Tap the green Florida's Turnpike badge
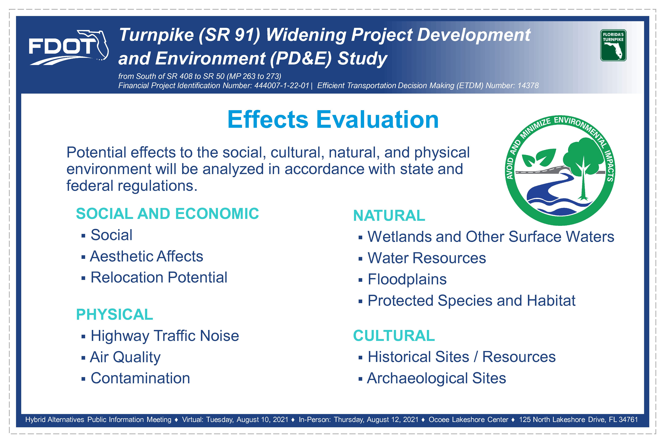point(613,45)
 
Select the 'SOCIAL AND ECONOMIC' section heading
point(167,214)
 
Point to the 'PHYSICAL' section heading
point(114,315)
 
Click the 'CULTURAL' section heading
point(394,336)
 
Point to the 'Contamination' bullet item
point(140,378)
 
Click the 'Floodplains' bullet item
point(407,279)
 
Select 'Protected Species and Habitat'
point(471,301)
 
